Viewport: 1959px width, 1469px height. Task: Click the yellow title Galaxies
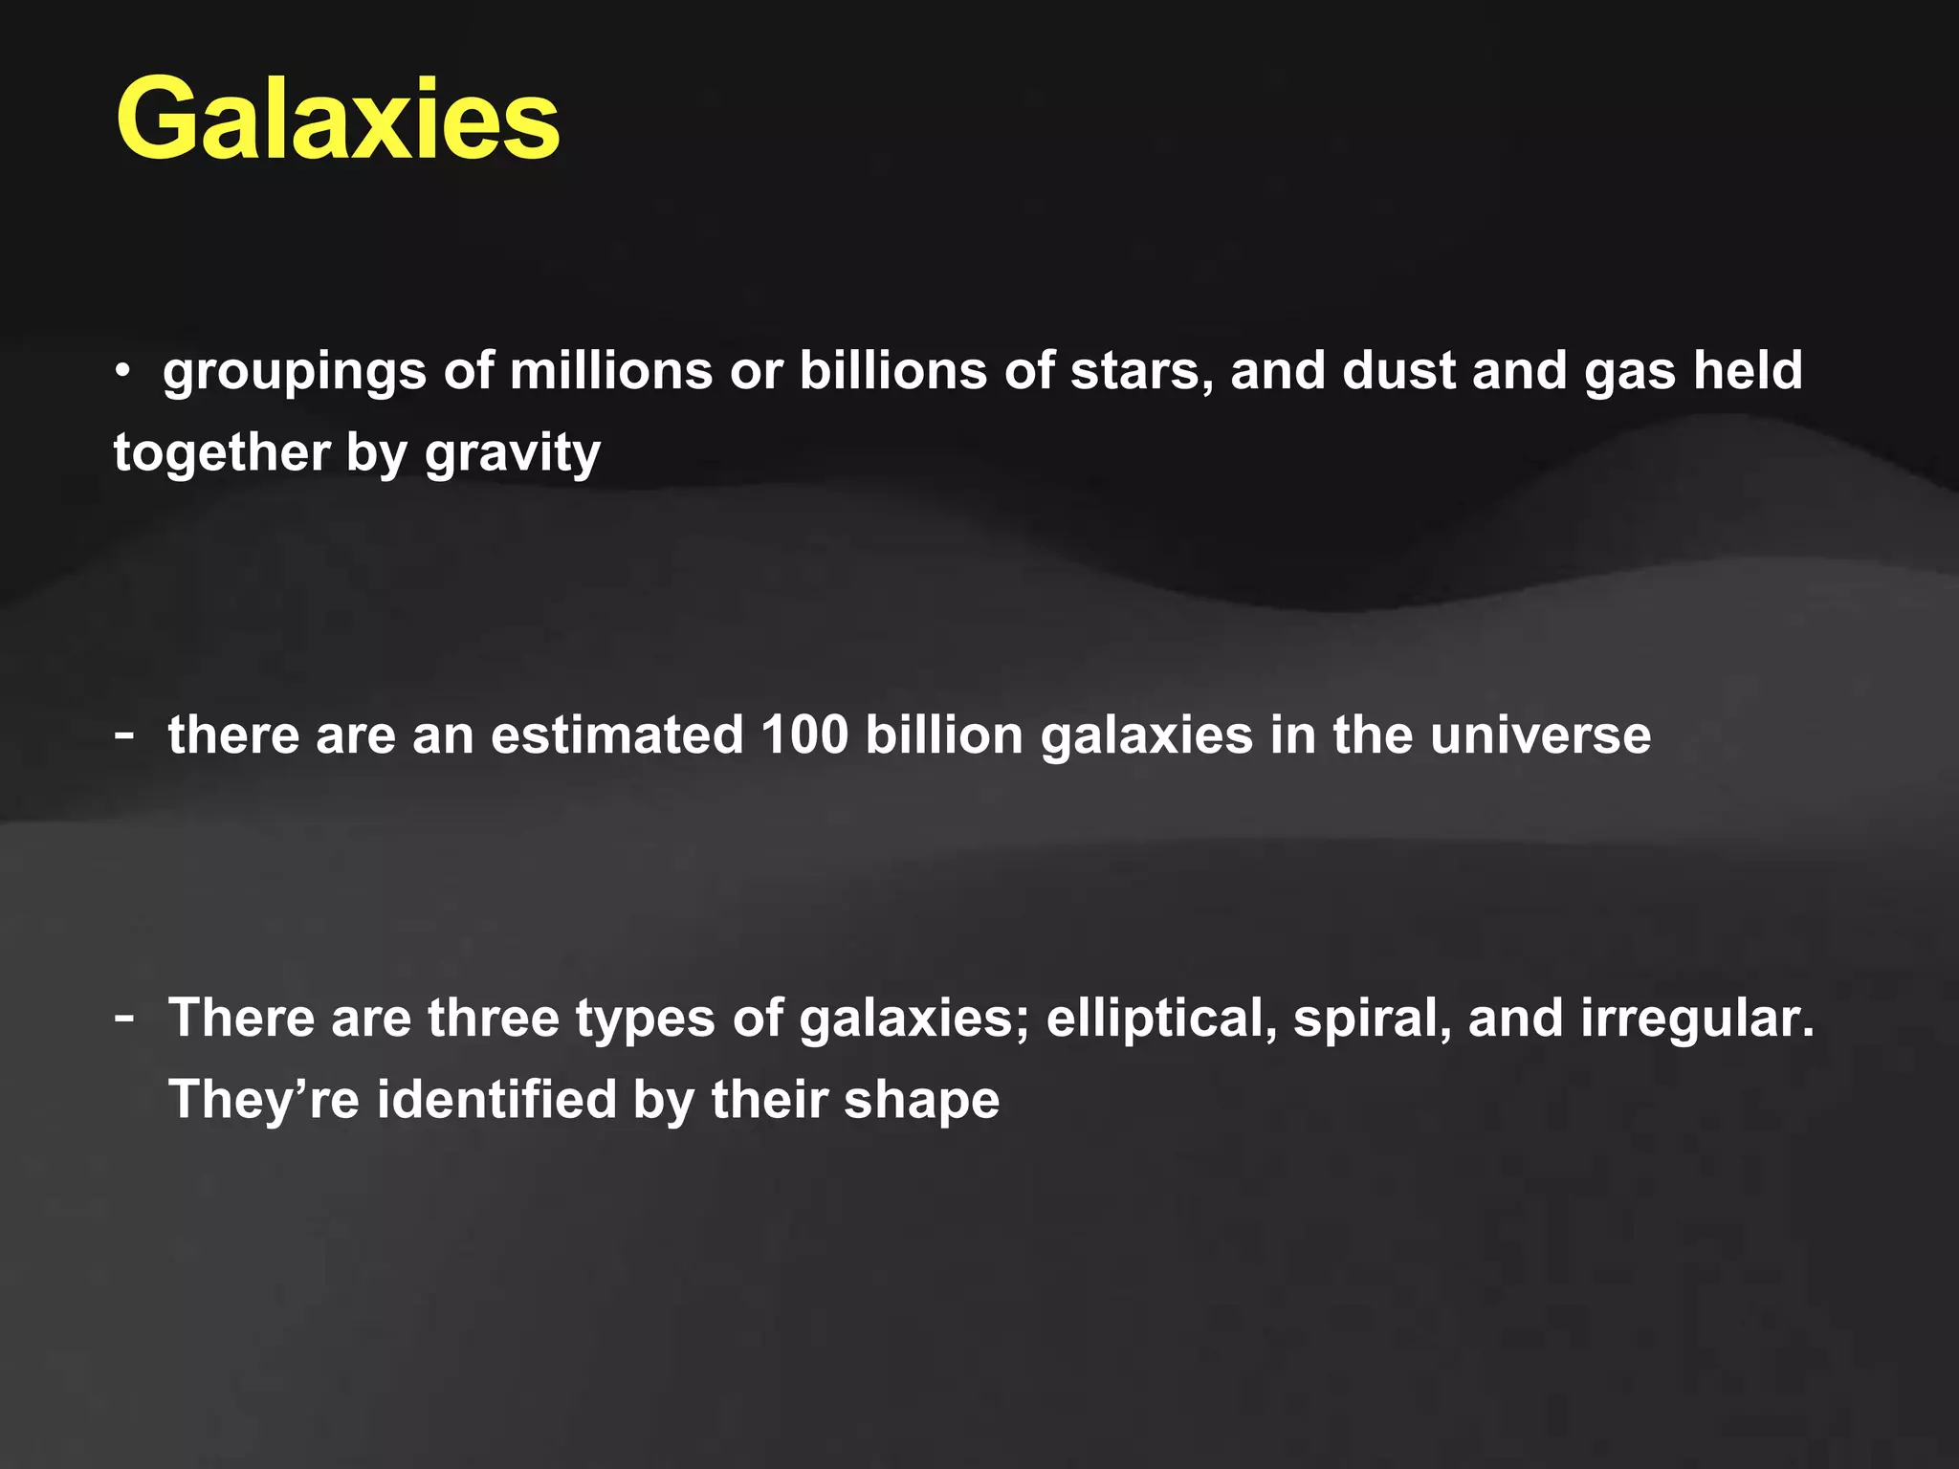[337, 121]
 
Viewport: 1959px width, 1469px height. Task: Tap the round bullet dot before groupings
[121, 371]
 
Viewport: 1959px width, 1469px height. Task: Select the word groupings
[294, 372]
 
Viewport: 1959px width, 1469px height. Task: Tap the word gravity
[513, 453]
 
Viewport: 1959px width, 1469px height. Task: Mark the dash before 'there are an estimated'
[123, 735]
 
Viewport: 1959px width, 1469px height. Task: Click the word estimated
[617, 735]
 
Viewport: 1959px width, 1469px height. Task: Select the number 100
[804, 735]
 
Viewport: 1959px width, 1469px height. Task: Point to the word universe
[1540, 735]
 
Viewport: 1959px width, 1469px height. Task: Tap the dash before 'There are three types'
[123, 1017]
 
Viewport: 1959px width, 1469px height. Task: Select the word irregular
[1696, 1020]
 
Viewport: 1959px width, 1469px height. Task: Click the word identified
[496, 1099]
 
